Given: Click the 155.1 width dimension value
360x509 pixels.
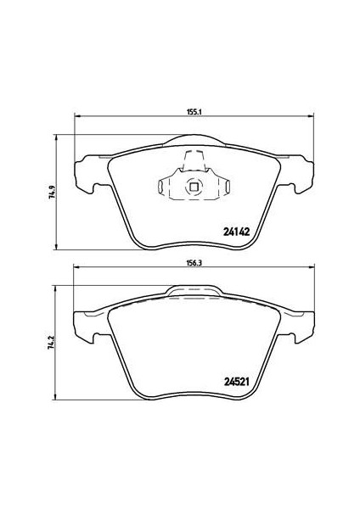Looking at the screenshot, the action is click(x=194, y=112).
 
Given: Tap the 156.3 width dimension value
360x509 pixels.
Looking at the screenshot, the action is click(x=194, y=263).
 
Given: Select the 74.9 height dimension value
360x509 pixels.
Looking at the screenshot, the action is click(x=52, y=192).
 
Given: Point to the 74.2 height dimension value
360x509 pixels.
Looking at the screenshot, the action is click(x=51, y=342).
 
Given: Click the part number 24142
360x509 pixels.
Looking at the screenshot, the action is click(x=237, y=232).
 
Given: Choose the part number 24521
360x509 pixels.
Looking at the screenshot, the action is click(x=236, y=382).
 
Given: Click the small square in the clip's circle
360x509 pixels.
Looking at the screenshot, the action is click(x=194, y=187).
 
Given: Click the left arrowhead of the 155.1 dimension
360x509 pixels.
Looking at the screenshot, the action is click(x=77, y=115).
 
